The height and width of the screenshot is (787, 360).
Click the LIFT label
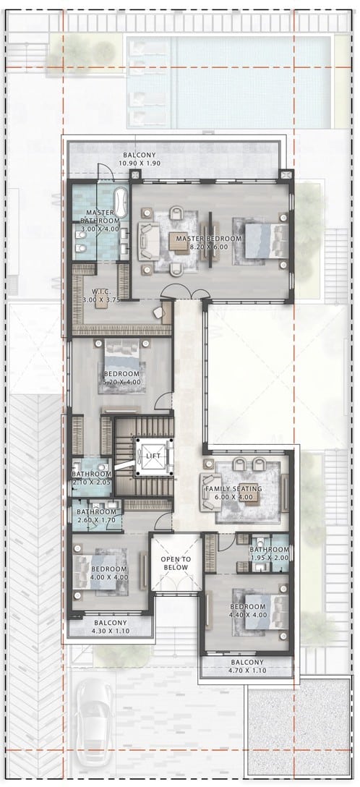(x=153, y=456)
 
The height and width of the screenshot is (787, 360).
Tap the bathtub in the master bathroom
(x=121, y=203)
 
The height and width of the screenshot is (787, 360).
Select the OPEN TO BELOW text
(x=174, y=563)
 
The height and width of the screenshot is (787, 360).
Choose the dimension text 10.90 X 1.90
(x=140, y=163)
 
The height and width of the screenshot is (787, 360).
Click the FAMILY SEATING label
(x=233, y=488)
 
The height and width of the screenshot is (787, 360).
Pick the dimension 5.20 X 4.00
(x=122, y=381)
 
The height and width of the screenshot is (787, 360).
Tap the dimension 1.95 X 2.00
(x=269, y=557)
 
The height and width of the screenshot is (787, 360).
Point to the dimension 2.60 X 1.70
(x=95, y=520)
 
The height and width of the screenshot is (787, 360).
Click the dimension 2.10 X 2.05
(x=91, y=482)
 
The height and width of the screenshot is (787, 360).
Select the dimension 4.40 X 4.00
(x=248, y=614)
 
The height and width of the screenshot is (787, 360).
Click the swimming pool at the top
(x=228, y=81)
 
